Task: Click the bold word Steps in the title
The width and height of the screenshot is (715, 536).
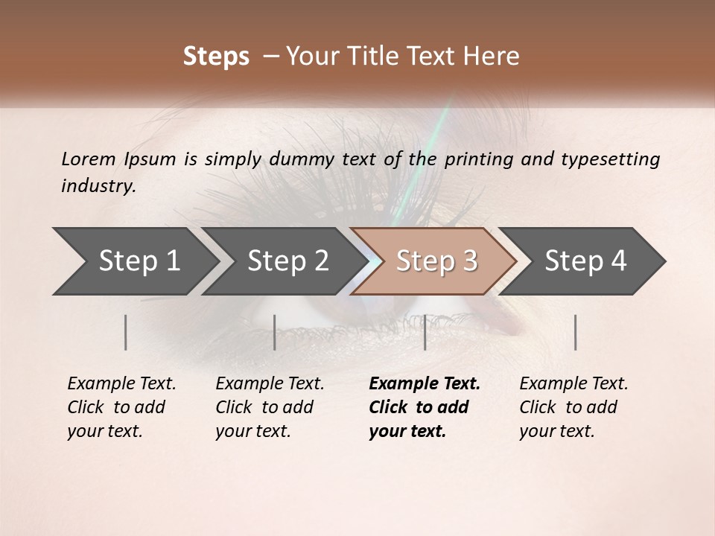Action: click(x=216, y=57)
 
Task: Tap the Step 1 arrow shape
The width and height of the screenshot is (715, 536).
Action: click(x=134, y=261)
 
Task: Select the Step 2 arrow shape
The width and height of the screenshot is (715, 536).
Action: click(x=287, y=261)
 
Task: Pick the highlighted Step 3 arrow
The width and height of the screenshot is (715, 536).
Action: click(x=436, y=261)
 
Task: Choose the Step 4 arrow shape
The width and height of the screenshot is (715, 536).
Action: click(x=585, y=261)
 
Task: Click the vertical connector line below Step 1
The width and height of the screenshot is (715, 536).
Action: click(x=126, y=332)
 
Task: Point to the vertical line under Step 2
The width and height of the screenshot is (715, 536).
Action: click(x=275, y=332)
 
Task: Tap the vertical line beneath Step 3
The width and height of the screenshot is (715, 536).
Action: click(x=425, y=332)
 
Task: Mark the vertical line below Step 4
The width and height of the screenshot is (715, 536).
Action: click(x=575, y=332)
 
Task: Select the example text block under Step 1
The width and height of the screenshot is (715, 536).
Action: click(x=121, y=407)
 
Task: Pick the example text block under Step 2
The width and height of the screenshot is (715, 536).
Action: click(x=269, y=407)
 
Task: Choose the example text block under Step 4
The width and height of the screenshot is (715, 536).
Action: click(x=573, y=407)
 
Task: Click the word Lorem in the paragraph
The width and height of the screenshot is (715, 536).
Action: click(x=88, y=159)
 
